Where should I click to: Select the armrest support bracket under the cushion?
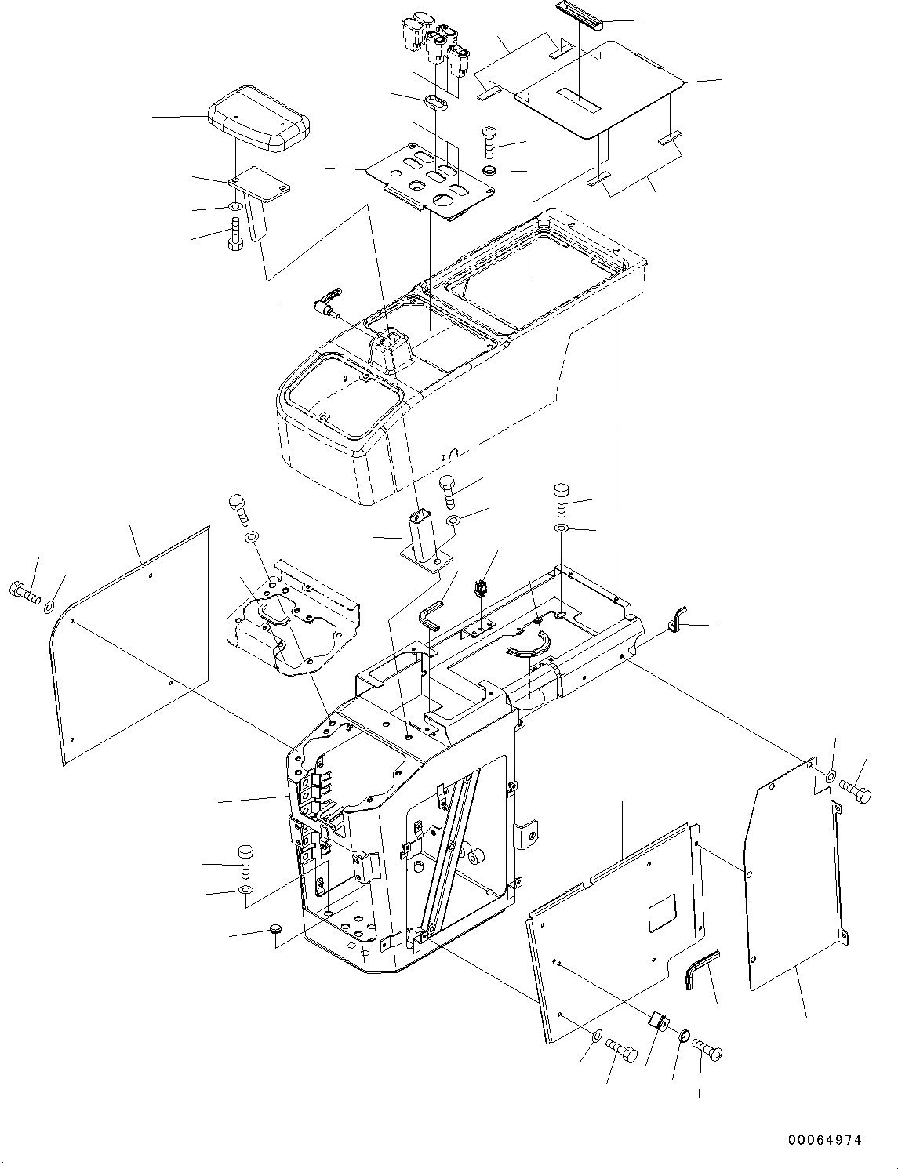tap(256, 196)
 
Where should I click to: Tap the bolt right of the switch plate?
tap(489, 142)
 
